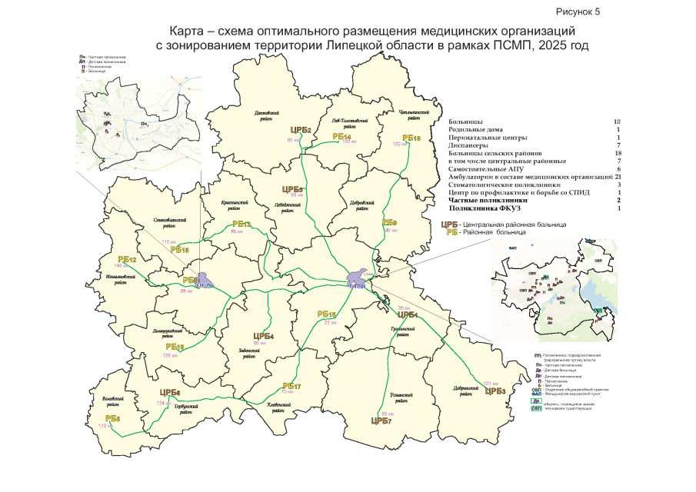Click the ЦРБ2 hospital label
tap(300, 130)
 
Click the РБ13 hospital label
tap(242, 224)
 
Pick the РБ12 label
tap(127, 259)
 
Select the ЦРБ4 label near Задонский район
tap(264, 336)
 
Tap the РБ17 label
tap(291, 385)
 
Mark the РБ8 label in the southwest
tap(112, 418)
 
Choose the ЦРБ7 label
tap(381, 421)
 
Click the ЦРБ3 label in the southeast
tap(495, 391)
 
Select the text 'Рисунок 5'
tap(578, 12)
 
